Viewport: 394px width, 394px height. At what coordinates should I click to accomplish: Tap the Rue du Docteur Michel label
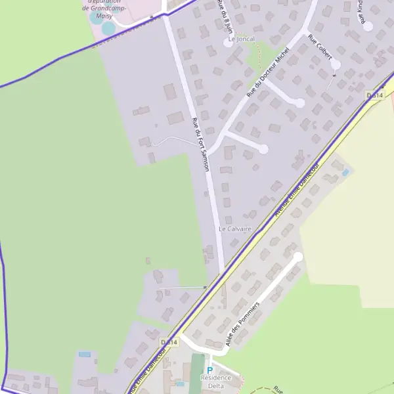[267, 74]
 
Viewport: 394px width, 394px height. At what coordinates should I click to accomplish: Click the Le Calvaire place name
[235, 229]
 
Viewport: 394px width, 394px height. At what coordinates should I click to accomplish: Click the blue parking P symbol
[210, 370]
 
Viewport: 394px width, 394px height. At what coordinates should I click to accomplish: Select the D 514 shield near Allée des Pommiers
[169, 342]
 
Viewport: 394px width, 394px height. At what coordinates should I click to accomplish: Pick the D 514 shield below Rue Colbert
[374, 96]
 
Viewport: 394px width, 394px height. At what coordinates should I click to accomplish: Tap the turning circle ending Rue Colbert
[336, 64]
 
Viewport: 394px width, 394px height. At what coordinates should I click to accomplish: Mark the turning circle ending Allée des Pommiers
[298, 256]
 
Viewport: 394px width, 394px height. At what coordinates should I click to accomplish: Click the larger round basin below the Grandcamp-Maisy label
[108, 28]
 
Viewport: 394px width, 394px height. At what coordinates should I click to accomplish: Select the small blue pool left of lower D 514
[85, 355]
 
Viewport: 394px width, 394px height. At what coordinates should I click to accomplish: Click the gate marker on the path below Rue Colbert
[335, 76]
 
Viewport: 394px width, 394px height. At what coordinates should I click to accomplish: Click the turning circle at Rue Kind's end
[368, 26]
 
